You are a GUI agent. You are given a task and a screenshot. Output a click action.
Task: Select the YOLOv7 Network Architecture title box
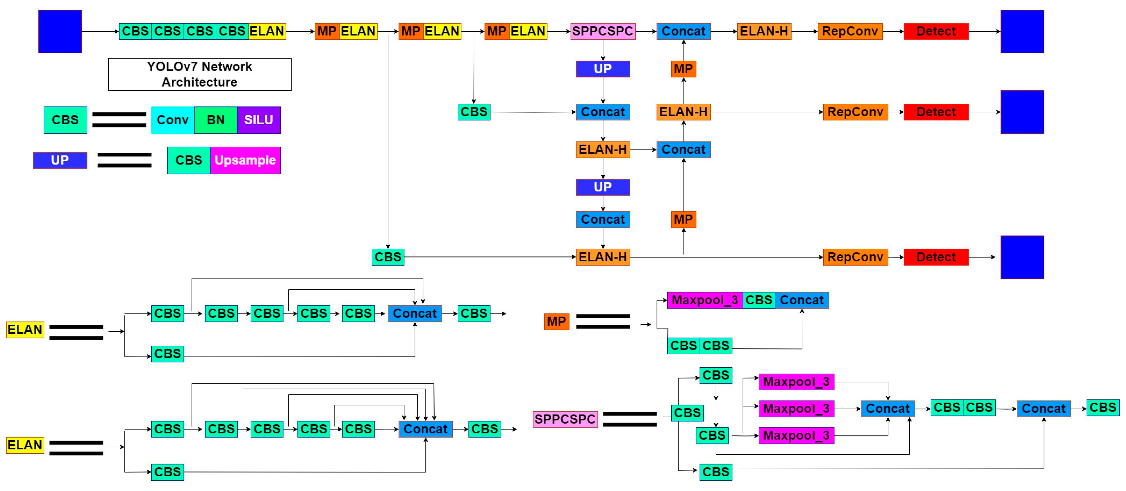(x=200, y=74)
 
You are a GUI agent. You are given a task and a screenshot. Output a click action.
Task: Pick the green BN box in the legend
(x=216, y=120)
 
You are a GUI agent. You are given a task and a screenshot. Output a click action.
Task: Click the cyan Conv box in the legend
(x=173, y=120)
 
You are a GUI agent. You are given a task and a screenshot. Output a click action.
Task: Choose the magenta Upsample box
(x=245, y=161)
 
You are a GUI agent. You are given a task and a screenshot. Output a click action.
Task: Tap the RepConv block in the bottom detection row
(x=855, y=257)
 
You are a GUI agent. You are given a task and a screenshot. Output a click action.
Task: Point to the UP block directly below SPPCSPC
(x=603, y=69)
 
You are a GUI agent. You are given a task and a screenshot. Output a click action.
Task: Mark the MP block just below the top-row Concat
(x=683, y=69)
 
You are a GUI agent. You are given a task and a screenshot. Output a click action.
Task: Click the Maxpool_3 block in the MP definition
(x=705, y=300)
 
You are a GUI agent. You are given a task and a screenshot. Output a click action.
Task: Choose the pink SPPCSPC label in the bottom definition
(x=565, y=419)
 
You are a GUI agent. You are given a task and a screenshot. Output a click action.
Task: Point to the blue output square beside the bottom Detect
(x=1022, y=257)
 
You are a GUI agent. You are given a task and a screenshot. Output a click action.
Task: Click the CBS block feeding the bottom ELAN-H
(x=388, y=257)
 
